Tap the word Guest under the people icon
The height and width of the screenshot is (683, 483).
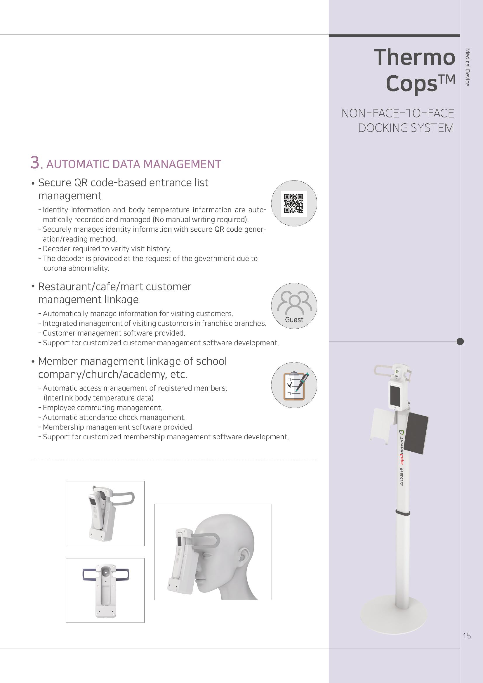pyautogui.click(x=294, y=320)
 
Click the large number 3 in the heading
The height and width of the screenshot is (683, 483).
pyautogui.click(x=35, y=163)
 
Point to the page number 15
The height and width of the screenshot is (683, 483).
pyautogui.click(x=466, y=636)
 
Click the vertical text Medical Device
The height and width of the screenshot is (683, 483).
pyautogui.click(x=467, y=67)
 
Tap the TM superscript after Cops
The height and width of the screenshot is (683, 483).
pyautogui.click(x=447, y=80)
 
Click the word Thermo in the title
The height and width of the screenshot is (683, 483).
pyautogui.click(x=414, y=57)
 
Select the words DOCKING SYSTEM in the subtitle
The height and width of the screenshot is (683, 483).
pyautogui.click(x=406, y=128)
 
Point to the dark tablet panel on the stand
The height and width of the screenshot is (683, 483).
pyautogui.click(x=417, y=433)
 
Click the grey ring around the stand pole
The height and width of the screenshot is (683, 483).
pyautogui.click(x=402, y=512)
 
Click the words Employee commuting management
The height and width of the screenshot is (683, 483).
pyautogui.click(x=102, y=408)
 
